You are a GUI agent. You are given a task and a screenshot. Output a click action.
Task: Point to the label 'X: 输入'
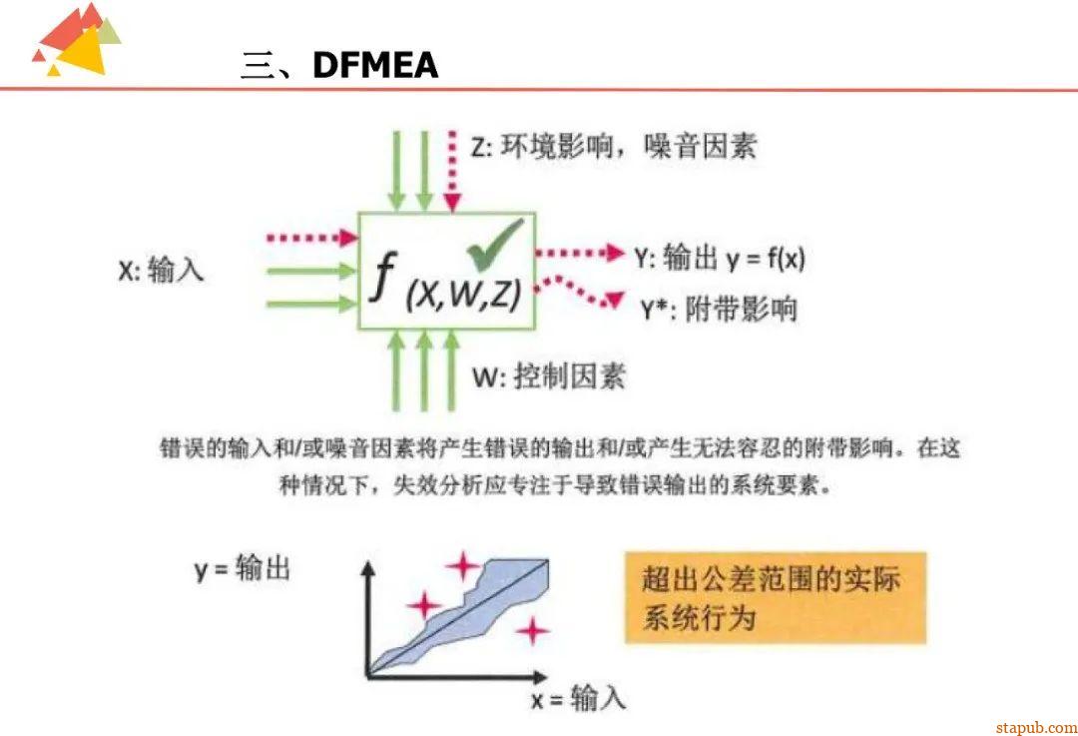pos(161,270)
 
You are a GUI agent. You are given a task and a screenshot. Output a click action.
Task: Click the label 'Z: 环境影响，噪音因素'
pos(613,147)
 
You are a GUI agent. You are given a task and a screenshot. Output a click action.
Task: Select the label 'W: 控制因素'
pos(548,376)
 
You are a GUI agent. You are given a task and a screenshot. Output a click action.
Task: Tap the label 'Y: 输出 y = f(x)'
pos(719,258)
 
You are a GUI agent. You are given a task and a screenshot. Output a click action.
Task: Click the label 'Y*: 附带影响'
pos(719,309)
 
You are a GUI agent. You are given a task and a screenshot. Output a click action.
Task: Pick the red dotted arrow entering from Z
pos(452,170)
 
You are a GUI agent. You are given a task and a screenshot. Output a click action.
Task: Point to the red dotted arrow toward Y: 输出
pos(579,254)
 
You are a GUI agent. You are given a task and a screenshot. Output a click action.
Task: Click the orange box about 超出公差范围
pos(776,597)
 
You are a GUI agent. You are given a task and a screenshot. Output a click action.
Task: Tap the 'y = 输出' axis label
pos(242,569)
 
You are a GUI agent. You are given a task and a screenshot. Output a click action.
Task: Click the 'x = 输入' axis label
pos(578,698)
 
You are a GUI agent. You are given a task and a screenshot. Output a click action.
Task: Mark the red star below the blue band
pos(533,630)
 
